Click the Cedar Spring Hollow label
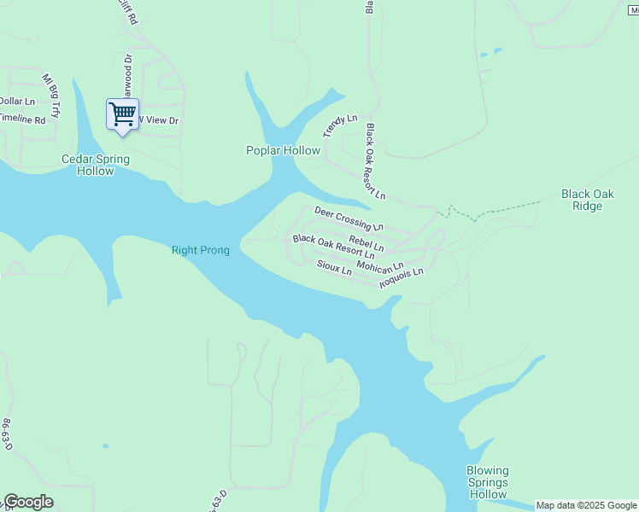pyautogui.click(x=96, y=165)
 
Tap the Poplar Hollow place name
pyautogui.click(x=283, y=151)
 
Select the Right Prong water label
pyautogui.click(x=201, y=250)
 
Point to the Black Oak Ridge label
pyautogui.click(x=587, y=200)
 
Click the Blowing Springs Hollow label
pyautogui.click(x=488, y=482)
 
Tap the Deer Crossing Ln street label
pyautogui.click(x=349, y=218)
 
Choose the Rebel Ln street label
pyautogui.click(x=366, y=244)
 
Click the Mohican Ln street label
pyautogui.click(x=380, y=266)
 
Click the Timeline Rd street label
pyautogui.click(x=22, y=120)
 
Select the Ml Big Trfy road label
pyautogui.click(x=51, y=95)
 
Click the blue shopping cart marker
pyautogui.click(x=122, y=113)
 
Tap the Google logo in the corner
pyautogui.click(x=28, y=502)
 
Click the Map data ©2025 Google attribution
pyautogui.click(x=586, y=505)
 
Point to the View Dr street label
pyautogui.click(x=160, y=121)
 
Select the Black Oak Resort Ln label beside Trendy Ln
pyautogui.click(x=376, y=161)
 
